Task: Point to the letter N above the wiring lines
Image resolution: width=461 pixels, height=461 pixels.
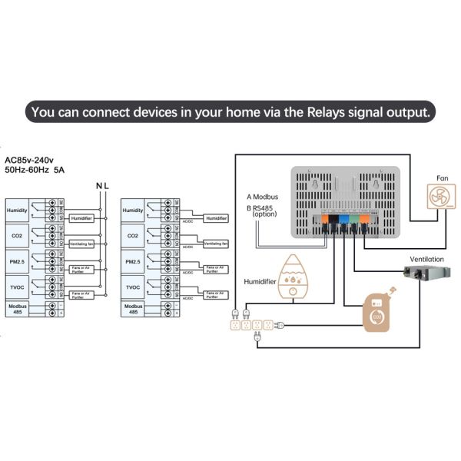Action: click(98, 186)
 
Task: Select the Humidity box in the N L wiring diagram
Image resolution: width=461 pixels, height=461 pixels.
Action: click(17, 210)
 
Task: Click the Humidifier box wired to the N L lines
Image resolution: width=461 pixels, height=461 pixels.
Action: click(81, 218)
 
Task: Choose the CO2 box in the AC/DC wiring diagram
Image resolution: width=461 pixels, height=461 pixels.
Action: click(133, 235)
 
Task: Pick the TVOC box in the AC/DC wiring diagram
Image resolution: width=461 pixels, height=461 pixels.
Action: click(133, 287)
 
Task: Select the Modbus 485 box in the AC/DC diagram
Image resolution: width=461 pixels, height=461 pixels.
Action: click(133, 308)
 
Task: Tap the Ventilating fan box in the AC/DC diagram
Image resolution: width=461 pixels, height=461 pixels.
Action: click(214, 244)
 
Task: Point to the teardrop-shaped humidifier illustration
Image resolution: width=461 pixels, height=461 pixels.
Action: click(292, 277)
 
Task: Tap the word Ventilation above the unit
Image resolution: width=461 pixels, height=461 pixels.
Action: click(427, 258)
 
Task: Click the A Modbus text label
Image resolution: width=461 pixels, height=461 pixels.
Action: click(264, 196)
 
